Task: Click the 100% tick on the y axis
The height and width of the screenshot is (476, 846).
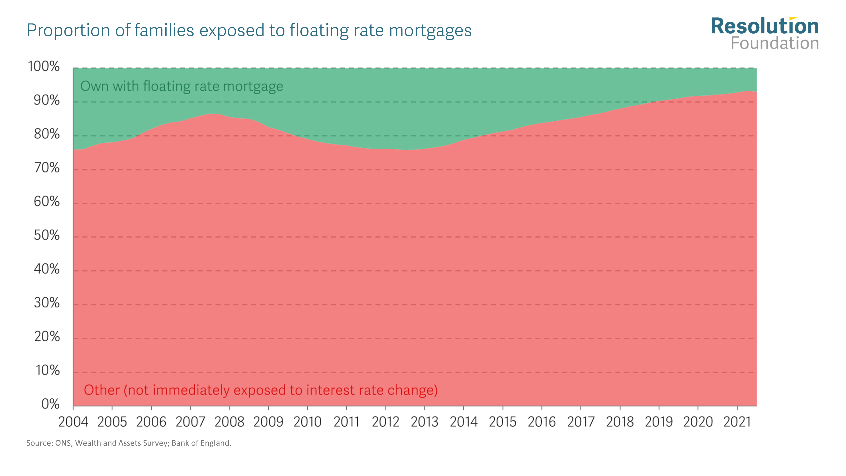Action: (x=44, y=66)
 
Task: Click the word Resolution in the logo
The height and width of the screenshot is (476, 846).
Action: (x=765, y=26)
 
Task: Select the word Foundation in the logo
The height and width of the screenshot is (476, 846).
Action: (x=774, y=43)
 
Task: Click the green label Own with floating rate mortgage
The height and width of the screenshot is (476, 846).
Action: (x=182, y=86)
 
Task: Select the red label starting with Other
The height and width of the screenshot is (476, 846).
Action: (x=260, y=390)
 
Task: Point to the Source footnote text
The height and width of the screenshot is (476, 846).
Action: (x=129, y=443)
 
